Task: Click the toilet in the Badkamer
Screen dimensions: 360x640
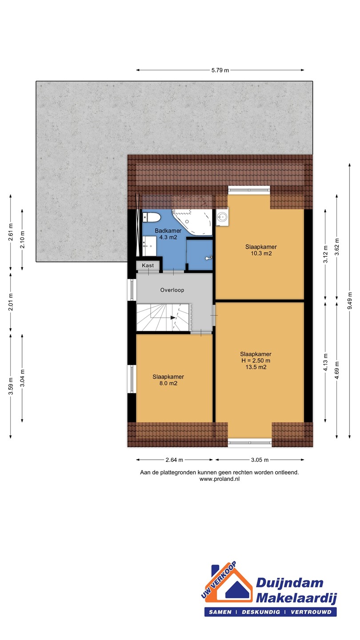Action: [152, 218]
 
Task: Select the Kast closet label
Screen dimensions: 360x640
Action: [148, 265]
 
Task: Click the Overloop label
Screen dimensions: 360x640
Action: [172, 290]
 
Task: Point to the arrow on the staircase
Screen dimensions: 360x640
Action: [173, 317]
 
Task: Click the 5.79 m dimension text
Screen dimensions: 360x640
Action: [220, 70]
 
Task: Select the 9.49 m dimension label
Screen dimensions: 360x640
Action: [350, 301]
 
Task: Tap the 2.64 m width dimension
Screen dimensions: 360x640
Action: [174, 460]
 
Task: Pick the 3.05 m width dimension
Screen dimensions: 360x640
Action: [260, 460]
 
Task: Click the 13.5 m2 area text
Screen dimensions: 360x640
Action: [256, 367]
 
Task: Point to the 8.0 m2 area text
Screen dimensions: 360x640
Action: [168, 383]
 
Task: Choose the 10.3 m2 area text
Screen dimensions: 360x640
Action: [261, 253]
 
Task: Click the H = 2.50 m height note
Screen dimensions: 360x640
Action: [256, 360]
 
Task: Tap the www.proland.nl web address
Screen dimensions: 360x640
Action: [220, 479]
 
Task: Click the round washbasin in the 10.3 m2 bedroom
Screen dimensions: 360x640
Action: [222, 217]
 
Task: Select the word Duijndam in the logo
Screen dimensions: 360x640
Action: [289, 583]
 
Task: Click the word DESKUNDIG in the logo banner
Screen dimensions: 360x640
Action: [261, 612]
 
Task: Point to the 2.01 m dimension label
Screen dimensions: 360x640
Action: [11, 302]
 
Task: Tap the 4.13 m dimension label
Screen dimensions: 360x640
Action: [325, 362]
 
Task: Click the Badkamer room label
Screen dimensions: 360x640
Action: [168, 231]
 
